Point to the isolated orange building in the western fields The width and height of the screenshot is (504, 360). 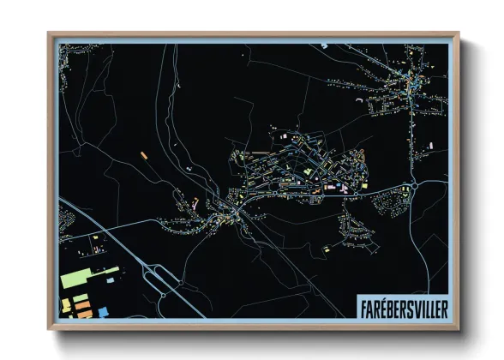[145, 154]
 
